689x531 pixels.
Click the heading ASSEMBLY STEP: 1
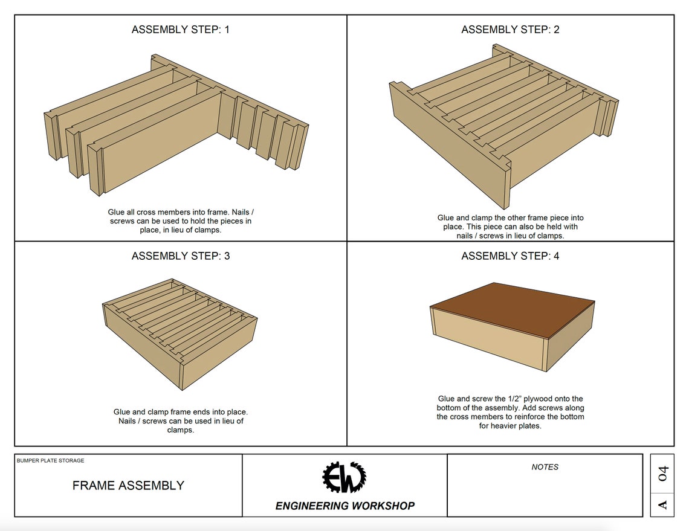(180, 30)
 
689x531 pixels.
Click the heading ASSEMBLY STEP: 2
(510, 30)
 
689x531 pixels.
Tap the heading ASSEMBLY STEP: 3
(181, 256)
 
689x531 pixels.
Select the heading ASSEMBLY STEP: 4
(510, 256)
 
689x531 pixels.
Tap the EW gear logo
(344, 477)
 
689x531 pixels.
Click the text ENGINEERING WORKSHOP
(345, 506)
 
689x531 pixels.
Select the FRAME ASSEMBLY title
(128, 485)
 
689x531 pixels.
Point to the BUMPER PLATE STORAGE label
(51, 460)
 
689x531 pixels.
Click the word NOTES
(545, 467)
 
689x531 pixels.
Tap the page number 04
(663, 474)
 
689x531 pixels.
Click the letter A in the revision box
(663, 504)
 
